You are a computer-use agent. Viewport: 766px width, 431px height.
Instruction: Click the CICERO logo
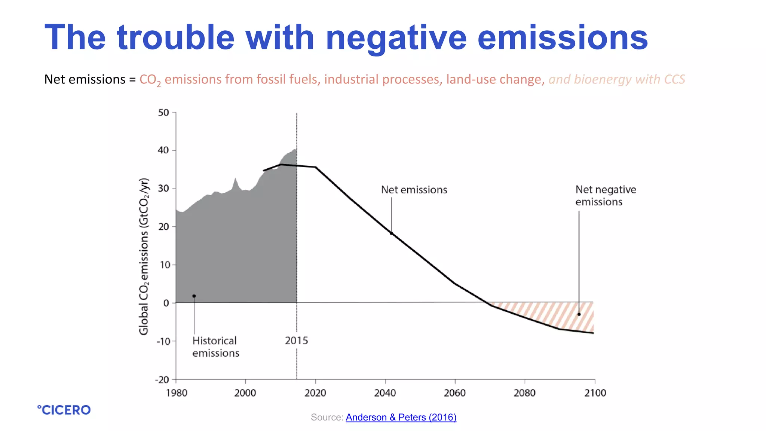click(64, 410)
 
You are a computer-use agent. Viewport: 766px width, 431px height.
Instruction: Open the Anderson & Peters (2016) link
click(401, 417)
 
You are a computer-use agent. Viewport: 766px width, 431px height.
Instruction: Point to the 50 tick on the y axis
click(163, 113)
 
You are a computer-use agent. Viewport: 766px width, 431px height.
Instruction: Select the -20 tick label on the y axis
click(162, 380)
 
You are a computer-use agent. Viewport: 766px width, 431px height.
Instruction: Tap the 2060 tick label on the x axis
click(455, 393)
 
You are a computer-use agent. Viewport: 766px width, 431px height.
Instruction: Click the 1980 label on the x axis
click(177, 393)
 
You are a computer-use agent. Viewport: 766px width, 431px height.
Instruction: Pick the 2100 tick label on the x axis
click(595, 393)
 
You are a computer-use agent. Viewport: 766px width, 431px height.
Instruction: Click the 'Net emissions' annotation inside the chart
click(414, 190)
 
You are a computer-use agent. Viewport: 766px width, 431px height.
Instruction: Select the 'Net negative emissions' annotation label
click(605, 196)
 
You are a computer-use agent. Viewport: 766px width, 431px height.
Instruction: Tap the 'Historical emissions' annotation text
click(215, 347)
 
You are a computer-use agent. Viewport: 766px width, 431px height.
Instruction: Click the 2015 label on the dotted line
click(296, 340)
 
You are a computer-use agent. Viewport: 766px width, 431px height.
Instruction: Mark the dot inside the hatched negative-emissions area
click(579, 314)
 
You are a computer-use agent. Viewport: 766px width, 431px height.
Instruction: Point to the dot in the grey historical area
click(194, 296)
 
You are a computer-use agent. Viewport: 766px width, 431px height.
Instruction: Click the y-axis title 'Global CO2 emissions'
click(144, 257)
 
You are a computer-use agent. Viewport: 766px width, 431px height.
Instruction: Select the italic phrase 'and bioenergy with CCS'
click(617, 79)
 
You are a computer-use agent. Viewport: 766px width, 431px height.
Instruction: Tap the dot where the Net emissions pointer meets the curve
click(391, 233)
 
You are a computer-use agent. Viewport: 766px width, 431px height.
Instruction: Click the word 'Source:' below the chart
click(327, 417)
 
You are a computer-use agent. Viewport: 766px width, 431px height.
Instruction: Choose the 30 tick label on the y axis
click(163, 188)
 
